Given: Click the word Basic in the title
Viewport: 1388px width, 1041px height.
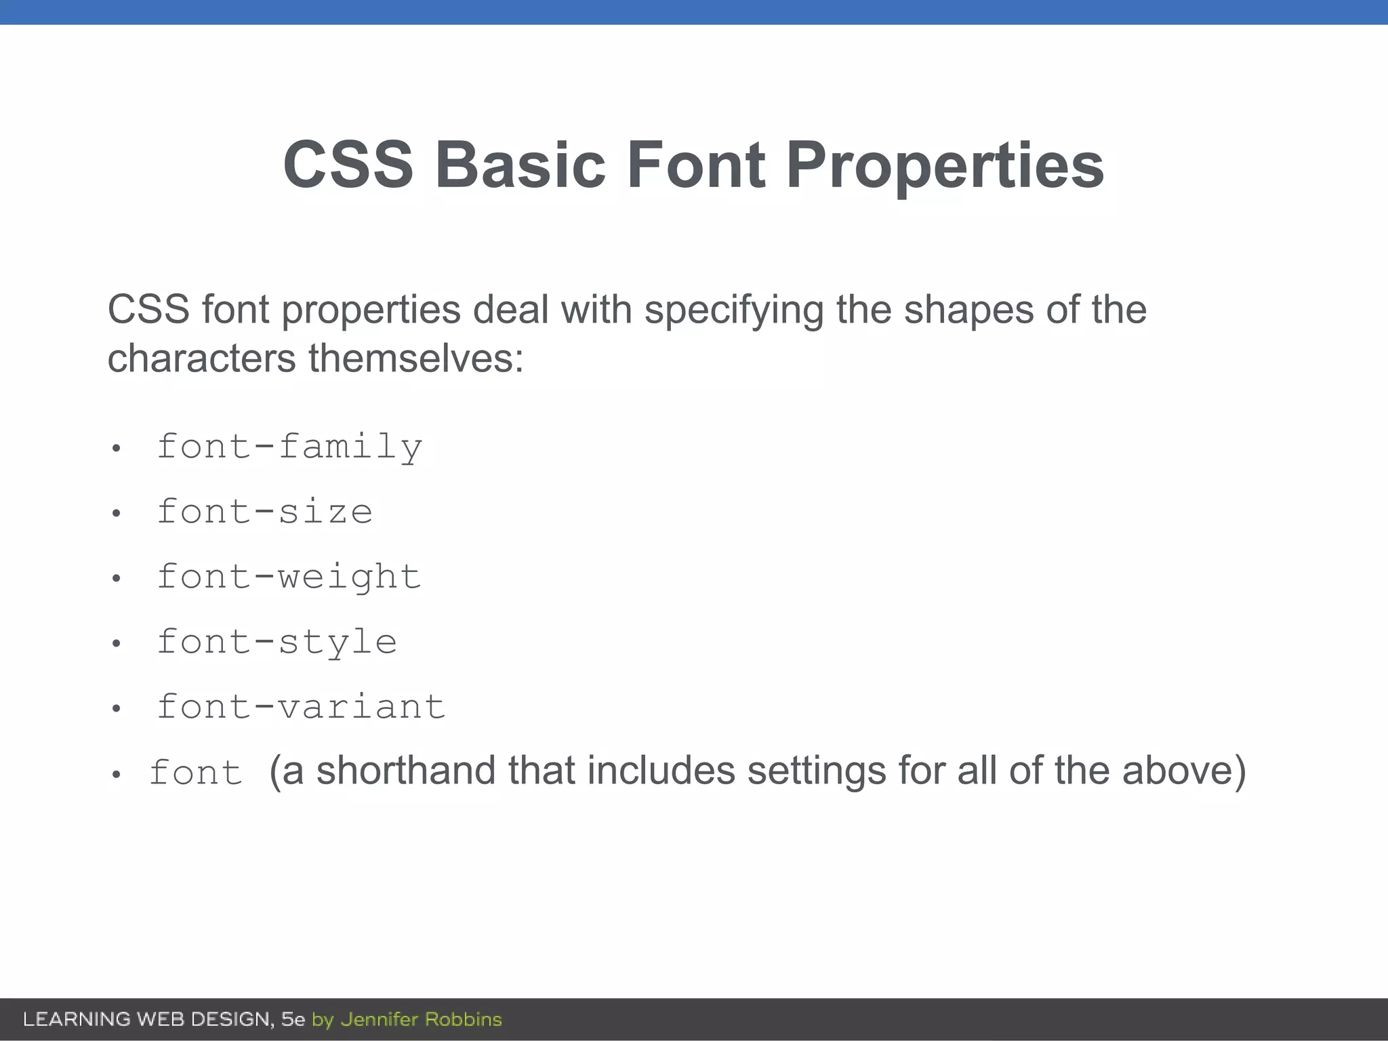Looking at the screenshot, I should (x=520, y=165).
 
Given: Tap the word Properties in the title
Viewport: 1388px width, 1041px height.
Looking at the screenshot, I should (x=945, y=165).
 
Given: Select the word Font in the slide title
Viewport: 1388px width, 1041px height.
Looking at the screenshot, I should (x=695, y=165).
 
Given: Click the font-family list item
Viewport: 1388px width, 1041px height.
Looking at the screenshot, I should (x=289, y=447).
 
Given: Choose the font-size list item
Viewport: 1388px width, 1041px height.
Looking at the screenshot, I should (x=264, y=512).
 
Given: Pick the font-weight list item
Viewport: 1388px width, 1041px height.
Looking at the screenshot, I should (x=289, y=577).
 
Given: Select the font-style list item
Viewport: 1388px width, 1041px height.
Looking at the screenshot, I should (x=277, y=642).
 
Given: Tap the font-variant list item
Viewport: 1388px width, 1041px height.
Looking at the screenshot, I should (x=301, y=708).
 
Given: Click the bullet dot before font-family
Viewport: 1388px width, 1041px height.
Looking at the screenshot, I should (x=117, y=449).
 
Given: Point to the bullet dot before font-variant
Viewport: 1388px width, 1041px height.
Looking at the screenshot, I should (x=117, y=709).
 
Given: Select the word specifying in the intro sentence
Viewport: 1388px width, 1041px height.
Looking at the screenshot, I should (x=733, y=310).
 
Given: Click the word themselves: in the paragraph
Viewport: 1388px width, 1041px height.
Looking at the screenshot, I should (x=416, y=358).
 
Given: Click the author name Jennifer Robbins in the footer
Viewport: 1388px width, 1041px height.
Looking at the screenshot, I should (x=421, y=1019).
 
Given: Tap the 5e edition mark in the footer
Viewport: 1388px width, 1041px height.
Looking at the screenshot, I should (x=293, y=1019).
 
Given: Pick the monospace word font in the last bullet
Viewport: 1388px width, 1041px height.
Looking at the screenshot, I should (x=196, y=773).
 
